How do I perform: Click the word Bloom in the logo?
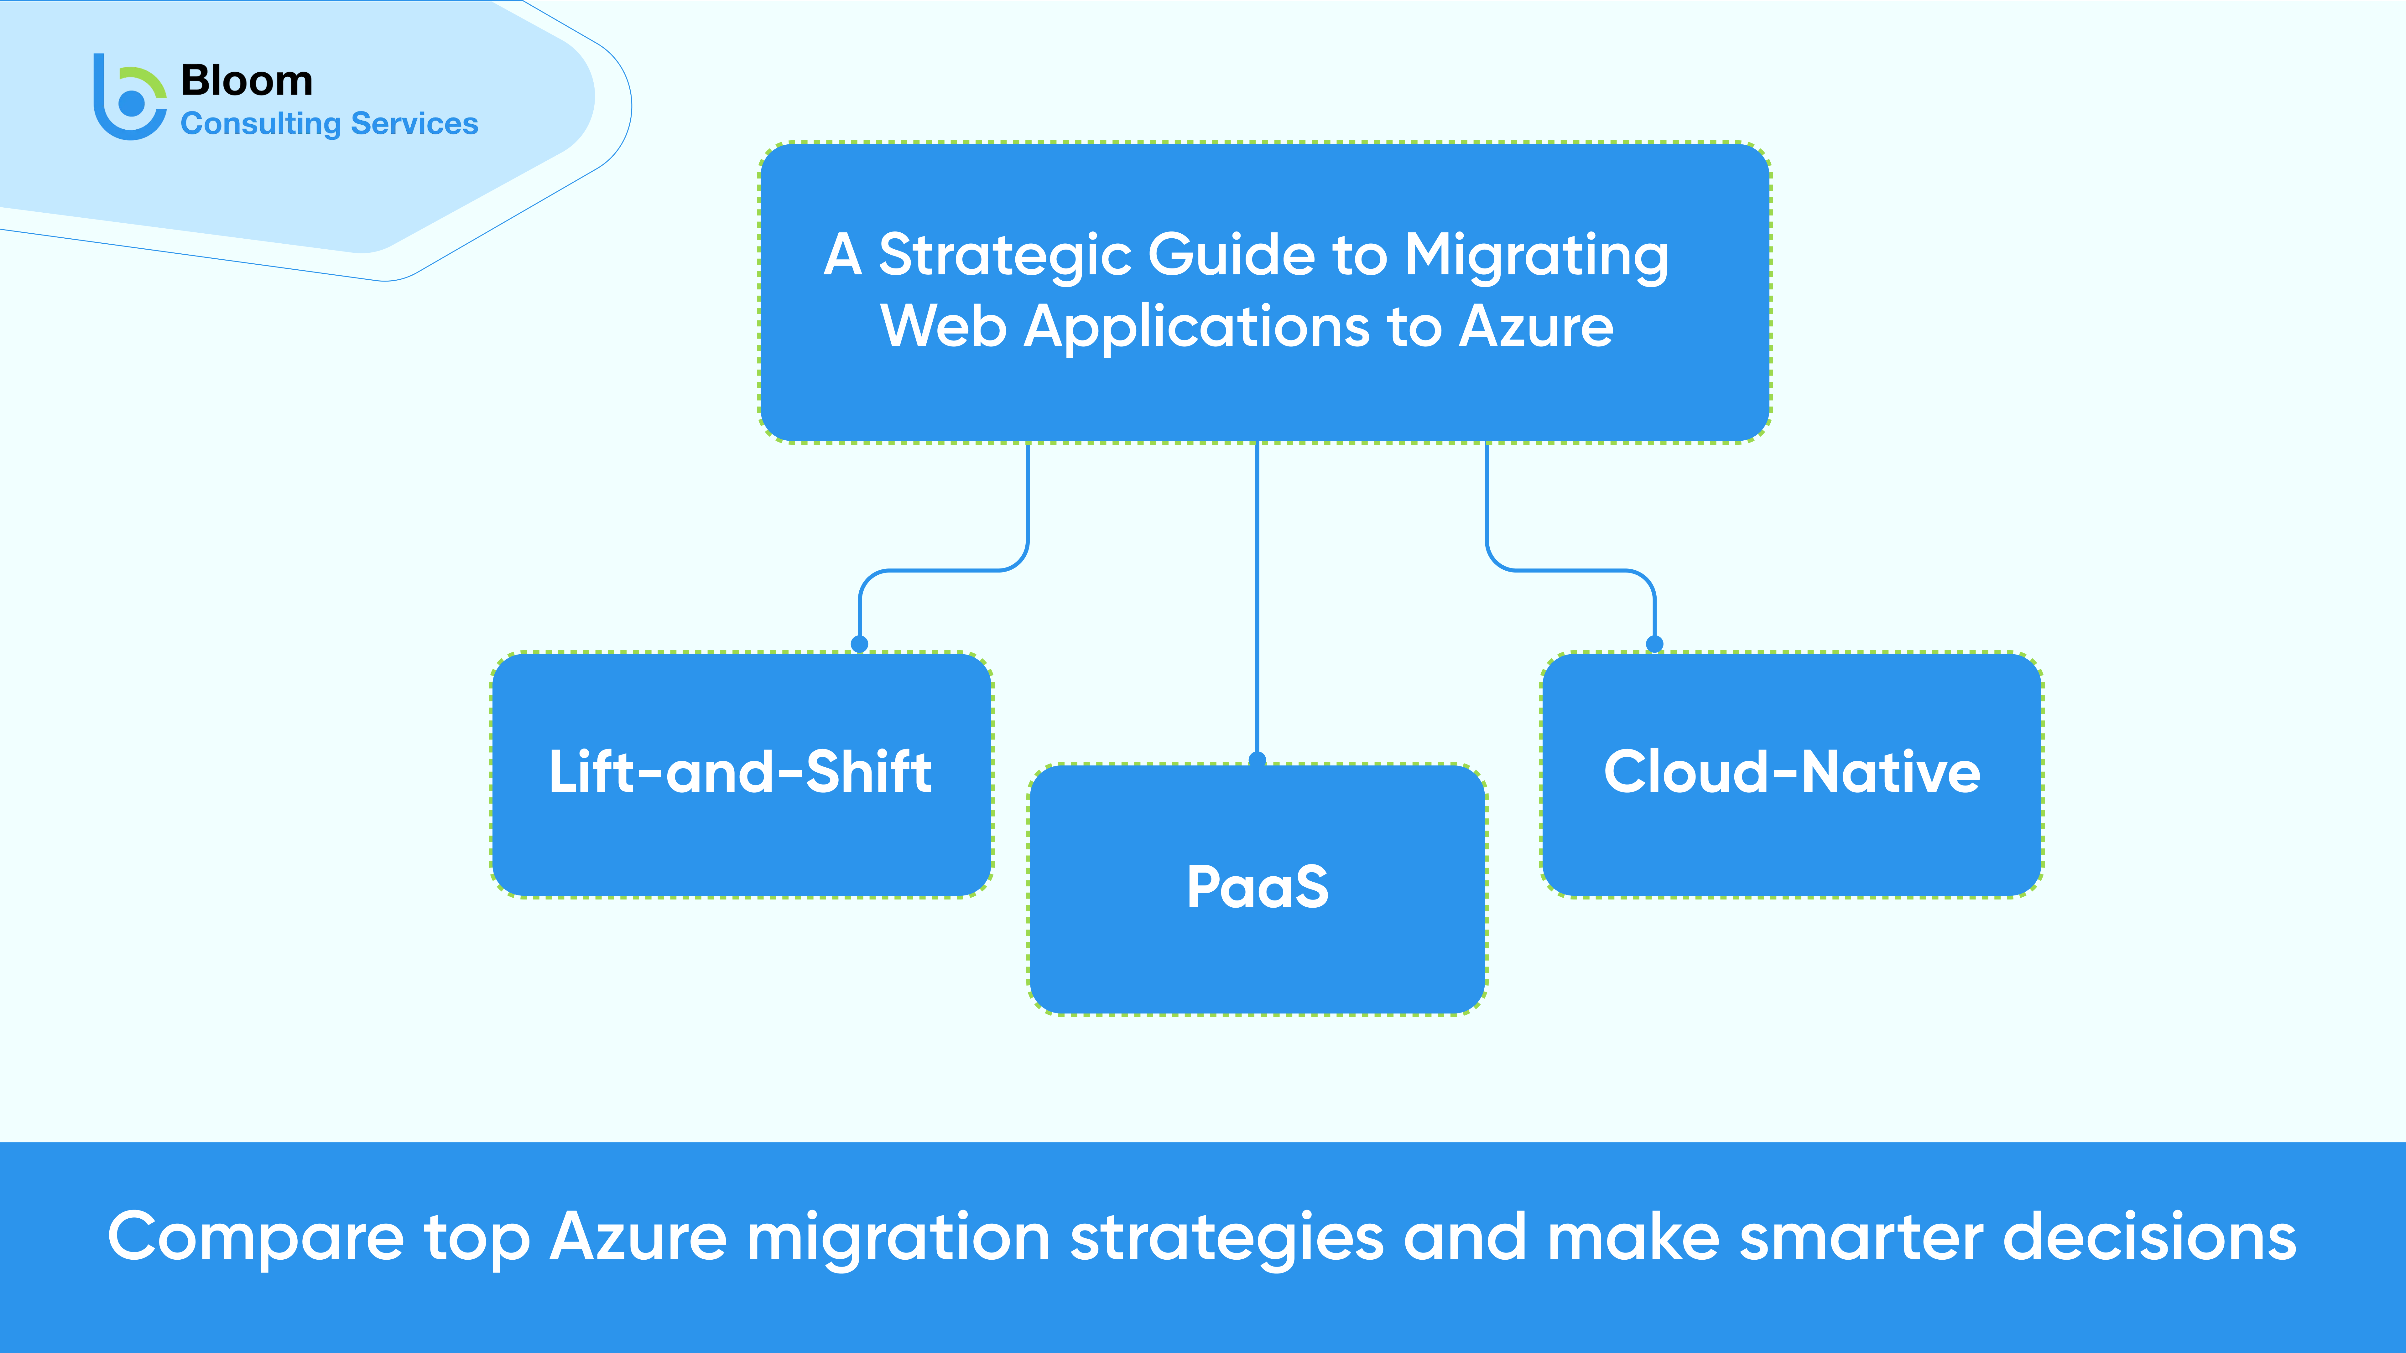(247, 81)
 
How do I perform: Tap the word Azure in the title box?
(1536, 327)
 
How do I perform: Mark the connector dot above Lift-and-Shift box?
(859, 643)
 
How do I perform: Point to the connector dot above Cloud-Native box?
(1654, 643)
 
